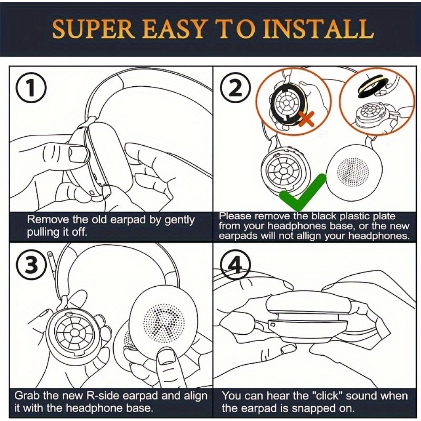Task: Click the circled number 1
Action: click(31, 88)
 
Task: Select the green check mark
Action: click(303, 192)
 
